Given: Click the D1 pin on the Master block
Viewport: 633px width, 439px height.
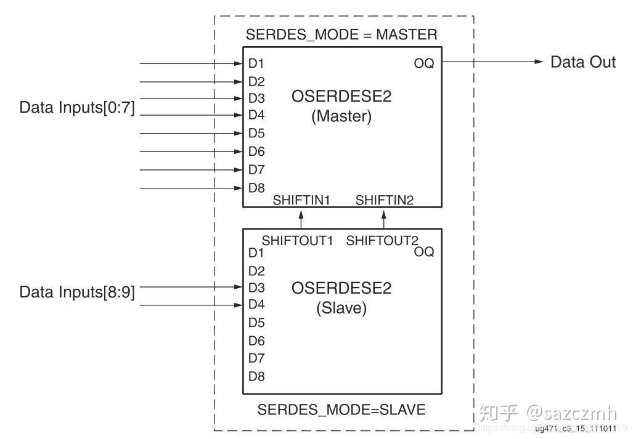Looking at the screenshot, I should pyautogui.click(x=256, y=63).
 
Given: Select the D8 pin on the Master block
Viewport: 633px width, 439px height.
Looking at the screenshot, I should pyautogui.click(x=256, y=188).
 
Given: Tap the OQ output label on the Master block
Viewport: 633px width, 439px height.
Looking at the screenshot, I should pyautogui.click(x=424, y=63).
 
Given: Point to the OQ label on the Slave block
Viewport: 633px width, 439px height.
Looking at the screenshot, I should pyautogui.click(x=424, y=251).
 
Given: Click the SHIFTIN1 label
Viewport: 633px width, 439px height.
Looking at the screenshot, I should pyautogui.click(x=301, y=200).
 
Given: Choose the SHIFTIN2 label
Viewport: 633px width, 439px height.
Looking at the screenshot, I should pyautogui.click(x=385, y=200).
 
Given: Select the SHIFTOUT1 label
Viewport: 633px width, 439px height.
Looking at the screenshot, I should pyautogui.click(x=297, y=241).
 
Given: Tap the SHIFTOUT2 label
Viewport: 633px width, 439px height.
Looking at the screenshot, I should pyautogui.click(x=382, y=241).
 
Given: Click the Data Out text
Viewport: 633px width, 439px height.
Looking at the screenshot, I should pyautogui.click(x=582, y=62).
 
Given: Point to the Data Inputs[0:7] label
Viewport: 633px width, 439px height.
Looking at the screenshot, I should pyautogui.click(x=77, y=108).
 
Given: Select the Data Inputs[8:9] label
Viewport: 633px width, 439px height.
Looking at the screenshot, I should pyautogui.click(x=77, y=292).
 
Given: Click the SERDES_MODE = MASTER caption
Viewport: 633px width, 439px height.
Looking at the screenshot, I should pyautogui.click(x=341, y=34).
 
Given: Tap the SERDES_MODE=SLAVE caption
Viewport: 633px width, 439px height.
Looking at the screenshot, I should pyautogui.click(x=341, y=409).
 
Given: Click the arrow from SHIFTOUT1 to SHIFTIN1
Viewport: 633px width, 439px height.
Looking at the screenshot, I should pyautogui.click(x=301, y=219).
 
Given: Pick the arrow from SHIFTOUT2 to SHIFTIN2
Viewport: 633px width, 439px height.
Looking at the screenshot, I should pyautogui.click(x=384, y=219).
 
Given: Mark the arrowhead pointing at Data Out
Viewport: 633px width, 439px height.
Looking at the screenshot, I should pyautogui.click(x=539, y=62).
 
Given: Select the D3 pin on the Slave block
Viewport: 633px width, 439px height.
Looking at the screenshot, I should pyautogui.click(x=256, y=288).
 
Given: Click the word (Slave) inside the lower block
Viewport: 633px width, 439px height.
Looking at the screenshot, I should pyautogui.click(x=341, y=308).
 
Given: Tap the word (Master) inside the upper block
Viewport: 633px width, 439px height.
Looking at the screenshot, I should pyautogui.click(x=341, y=116).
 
